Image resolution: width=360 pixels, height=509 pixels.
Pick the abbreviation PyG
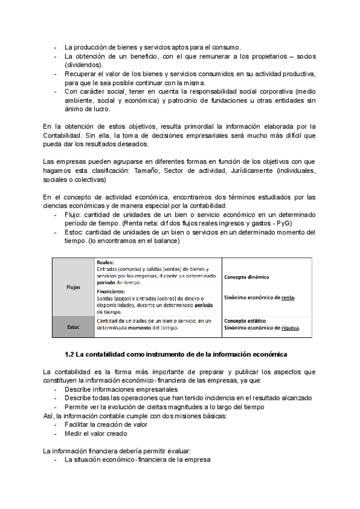(x=284, y=223)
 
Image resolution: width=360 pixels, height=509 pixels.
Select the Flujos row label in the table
(x=73, y=287)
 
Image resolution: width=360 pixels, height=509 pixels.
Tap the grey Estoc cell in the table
(x=73, y=327)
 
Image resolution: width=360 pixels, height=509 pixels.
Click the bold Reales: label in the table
(x=106, y=262)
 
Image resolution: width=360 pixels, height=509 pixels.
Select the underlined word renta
(x=288, y=298)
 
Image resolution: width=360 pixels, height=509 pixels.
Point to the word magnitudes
(x=188, y=407)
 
